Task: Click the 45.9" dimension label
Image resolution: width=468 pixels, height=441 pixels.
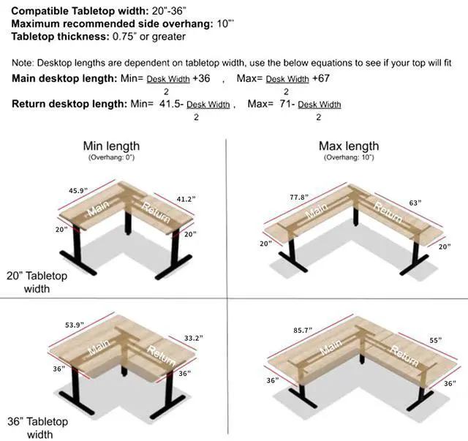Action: coord(78,191)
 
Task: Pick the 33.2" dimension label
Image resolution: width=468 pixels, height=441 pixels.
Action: coord(193,338)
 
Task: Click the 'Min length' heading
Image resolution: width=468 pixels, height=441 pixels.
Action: coord(111,146)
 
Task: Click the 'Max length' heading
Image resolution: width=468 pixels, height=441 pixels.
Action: coord(349,146)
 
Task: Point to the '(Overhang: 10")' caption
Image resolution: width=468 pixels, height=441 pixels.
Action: coord(348,157)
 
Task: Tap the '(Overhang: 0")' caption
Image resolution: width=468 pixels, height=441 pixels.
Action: coord(111,157)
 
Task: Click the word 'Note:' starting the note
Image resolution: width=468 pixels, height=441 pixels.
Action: coord(23,64)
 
